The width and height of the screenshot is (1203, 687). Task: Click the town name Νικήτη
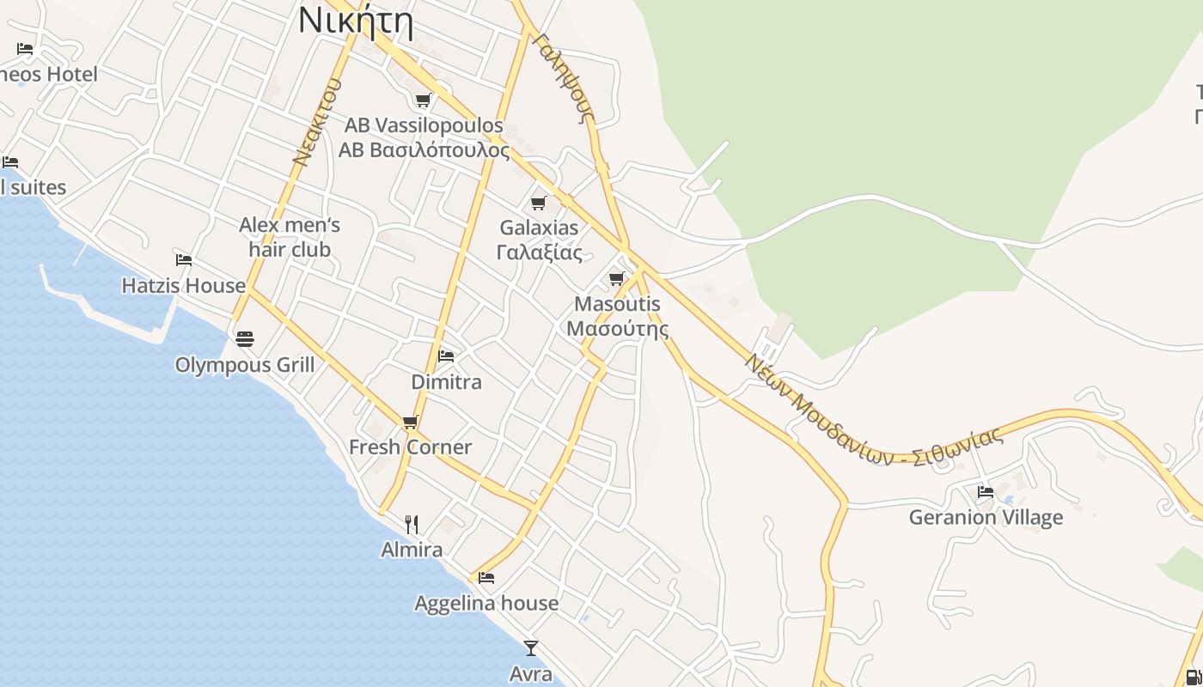click(356, 21)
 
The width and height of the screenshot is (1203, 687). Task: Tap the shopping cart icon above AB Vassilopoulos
click(423, 100)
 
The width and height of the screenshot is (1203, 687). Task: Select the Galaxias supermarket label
click(540, 240)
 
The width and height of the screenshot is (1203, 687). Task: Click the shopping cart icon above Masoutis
click(616, 278)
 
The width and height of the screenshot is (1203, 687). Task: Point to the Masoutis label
click(617, 316)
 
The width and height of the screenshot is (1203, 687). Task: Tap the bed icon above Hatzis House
click(183, 259)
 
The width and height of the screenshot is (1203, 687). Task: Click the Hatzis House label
click(183, 285)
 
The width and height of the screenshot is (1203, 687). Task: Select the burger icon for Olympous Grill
click(245, 339)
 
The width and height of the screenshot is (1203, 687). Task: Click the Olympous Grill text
click(245, 365)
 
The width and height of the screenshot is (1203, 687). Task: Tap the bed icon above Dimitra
click(446, 356)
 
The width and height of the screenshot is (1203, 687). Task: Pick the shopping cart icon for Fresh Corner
click(410, 422)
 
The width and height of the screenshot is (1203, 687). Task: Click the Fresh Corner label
click(410, 447)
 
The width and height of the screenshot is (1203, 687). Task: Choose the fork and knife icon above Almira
click(412, 524)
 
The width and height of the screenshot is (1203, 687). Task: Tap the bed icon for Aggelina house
click(486, 578)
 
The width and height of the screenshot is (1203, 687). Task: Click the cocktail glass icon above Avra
click(531, 647)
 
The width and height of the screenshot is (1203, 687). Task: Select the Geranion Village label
click(986, 517)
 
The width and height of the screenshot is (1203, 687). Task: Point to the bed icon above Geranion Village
click(986, 492)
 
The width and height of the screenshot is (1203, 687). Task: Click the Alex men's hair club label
click(290, 237)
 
